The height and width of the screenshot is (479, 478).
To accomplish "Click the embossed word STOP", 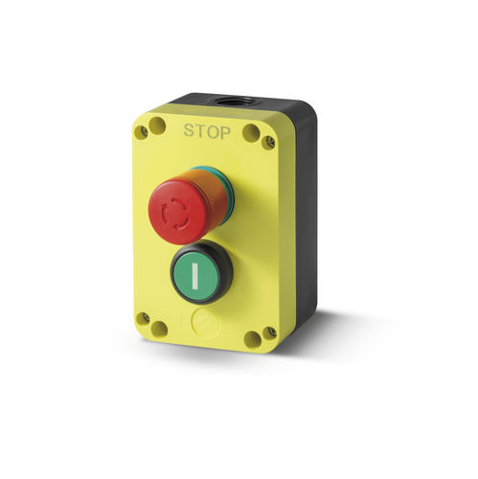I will click(x=206, y=131).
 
